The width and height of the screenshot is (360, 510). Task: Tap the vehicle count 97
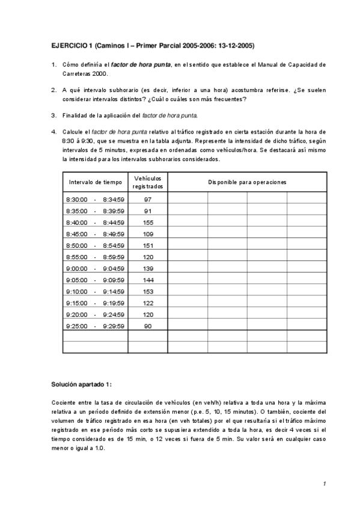point(147,199)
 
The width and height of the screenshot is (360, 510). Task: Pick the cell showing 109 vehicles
point(147,234)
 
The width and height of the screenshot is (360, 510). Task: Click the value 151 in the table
point(147,245)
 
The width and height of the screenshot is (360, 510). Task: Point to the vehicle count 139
point(147,268)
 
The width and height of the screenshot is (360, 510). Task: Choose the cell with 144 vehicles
point(147,280)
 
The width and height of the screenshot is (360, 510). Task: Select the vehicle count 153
point(147,292)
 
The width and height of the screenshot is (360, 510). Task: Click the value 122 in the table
point(147,303)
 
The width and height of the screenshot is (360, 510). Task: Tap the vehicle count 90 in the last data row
point(147,326)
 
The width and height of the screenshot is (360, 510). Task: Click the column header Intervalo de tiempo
point(95,182)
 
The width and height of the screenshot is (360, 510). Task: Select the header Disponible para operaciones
point(247,182)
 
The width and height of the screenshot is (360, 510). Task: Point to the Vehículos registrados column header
point(147,182)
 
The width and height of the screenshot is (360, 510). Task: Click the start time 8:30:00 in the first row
point(76,199)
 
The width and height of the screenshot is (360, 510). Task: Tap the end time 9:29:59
point(114,326)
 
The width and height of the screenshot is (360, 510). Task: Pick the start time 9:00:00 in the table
point(76,268)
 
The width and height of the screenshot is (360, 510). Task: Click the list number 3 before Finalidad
point(53,115)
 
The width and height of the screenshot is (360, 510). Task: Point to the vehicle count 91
point(147,211)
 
